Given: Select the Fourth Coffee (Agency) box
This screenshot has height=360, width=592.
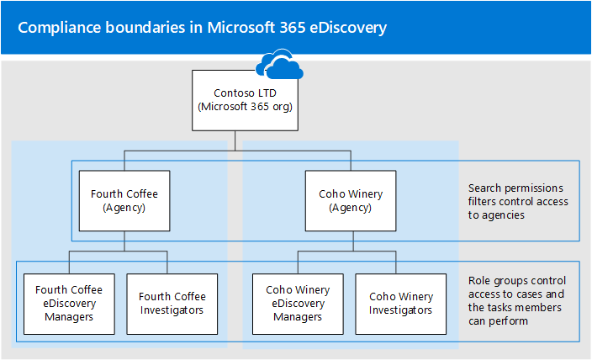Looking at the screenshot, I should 124,201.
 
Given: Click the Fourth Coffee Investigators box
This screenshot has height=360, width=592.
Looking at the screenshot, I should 172,303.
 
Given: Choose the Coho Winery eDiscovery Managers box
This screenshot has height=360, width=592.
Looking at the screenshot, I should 298,303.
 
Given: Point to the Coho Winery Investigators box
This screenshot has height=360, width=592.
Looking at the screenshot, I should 400,303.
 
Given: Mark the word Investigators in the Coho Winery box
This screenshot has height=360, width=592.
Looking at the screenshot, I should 400,310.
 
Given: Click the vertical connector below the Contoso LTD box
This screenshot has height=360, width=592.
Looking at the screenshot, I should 237,140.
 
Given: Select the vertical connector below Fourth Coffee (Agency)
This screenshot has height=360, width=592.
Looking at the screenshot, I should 124,241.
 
